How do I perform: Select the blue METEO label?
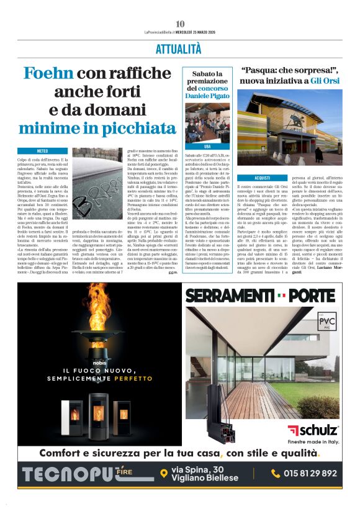point(42,151)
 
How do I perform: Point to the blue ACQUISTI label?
point(263,178)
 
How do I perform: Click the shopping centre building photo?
point(289,127)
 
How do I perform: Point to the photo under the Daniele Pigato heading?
point(207,122)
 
